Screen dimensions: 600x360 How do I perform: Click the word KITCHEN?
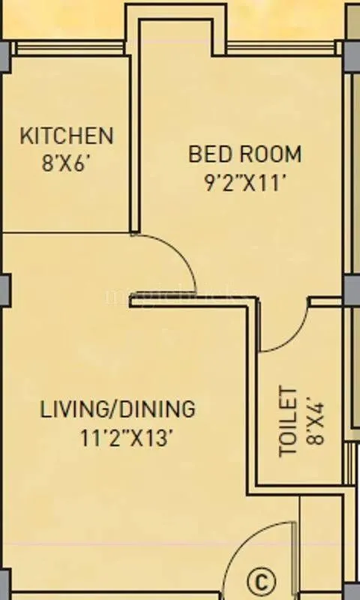[x=67, y=136]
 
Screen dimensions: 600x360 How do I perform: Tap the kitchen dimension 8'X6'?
[x=67, y=163]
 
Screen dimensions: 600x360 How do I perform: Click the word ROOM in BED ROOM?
[x=269, y=154]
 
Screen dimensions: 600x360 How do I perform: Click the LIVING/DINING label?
[x=117, y=409]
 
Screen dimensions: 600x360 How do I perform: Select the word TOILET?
[x=289, y=421]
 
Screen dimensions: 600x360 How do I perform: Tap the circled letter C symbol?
[x=261, y=581]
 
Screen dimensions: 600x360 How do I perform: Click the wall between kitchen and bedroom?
[x=135, y=142]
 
